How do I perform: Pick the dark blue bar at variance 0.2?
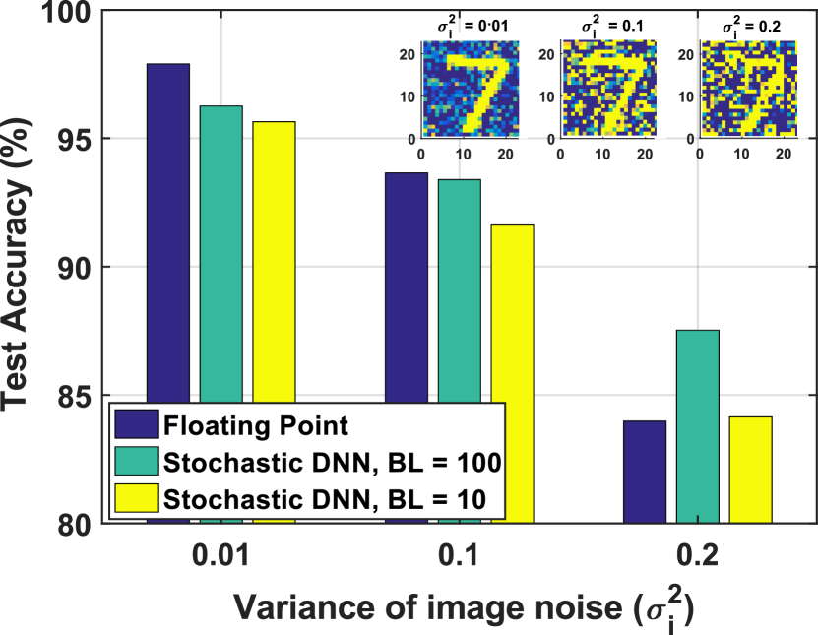pos(645,472)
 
